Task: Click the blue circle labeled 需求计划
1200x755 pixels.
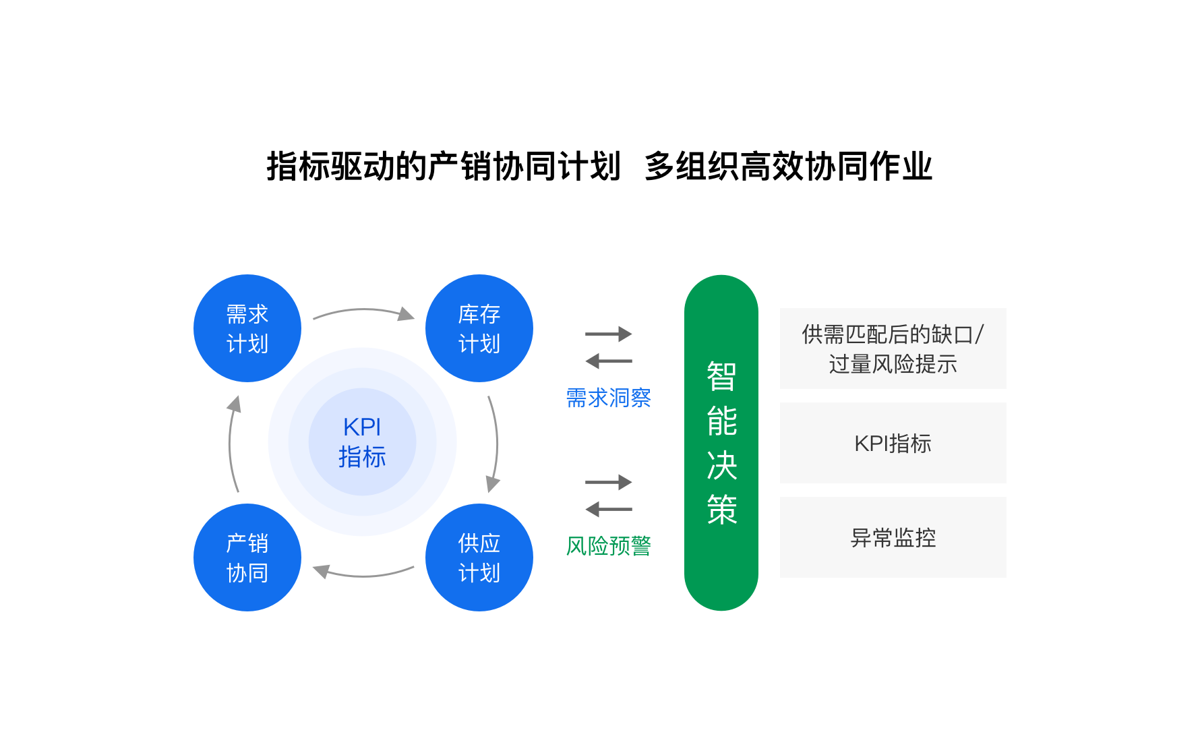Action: (247, 328)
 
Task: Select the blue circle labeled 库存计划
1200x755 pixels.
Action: (479, 328)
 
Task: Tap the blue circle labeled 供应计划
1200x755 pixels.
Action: (479, 557)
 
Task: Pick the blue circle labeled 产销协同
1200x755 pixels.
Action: (247, 557)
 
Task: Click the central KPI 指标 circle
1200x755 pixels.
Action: (363, 442)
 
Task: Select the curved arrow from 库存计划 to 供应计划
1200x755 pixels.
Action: (497, 444)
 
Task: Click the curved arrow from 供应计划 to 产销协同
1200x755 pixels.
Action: (364, 576)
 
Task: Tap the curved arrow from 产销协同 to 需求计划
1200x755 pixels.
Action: (230, 444)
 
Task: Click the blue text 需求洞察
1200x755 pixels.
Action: (609, 398)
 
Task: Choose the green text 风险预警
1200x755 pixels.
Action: (609, 546)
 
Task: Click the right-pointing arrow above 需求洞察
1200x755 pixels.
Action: (609, 334)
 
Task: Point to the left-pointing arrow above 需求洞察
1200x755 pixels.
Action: (609, 361)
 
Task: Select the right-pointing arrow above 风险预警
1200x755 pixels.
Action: (609, 482)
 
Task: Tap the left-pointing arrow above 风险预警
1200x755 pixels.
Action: (609, 510)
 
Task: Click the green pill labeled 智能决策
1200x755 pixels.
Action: (721, 443)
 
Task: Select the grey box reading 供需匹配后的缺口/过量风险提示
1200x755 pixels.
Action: (893, 349)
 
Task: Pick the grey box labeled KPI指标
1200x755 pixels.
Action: (893, 443)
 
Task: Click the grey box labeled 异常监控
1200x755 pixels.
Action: (893, 537)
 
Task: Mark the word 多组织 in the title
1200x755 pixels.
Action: (692, 167)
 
